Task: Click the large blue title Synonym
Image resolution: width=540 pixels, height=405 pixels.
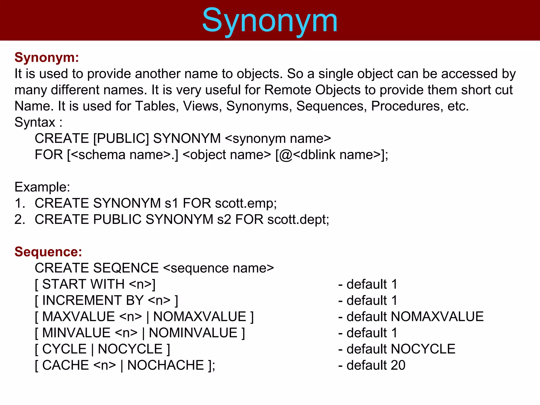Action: pos(269,21)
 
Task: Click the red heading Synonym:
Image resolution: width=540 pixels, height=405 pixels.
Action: pos(47,57)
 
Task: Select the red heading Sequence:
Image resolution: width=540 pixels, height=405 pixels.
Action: pos(48,252)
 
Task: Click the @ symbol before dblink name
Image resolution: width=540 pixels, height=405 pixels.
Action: pos(286,155)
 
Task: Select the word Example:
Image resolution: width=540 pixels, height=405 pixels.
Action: pos(42,187)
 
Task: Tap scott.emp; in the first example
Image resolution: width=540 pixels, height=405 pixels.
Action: pos(246,203)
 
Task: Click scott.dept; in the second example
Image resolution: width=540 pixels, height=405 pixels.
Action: pos(298,220)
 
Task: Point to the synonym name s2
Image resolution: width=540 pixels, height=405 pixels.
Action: pos(224,220)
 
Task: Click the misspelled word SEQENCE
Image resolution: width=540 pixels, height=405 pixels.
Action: pos(126,268)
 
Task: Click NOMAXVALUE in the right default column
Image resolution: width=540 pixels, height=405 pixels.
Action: pos(437,317)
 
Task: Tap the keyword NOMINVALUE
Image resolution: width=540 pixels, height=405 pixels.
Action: pos(193,333)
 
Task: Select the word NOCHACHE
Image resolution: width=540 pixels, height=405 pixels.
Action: pos(166,365)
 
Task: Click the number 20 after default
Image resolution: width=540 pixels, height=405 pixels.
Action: pos(398,365)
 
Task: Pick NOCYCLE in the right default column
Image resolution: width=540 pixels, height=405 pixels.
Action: pos(423,349)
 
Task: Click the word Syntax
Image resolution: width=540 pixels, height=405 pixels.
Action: pos(35,122)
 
